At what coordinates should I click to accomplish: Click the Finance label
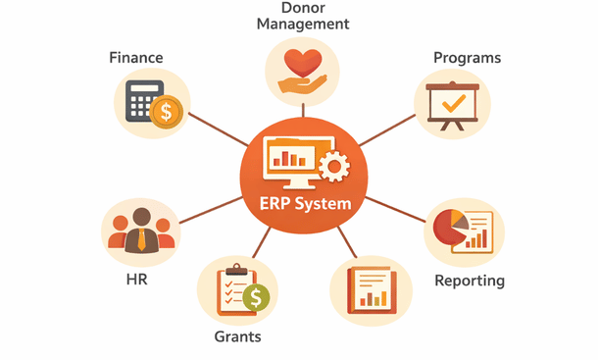136,58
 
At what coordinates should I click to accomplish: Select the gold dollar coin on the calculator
167,113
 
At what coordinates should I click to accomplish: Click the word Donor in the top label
303,7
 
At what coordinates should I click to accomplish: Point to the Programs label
467,58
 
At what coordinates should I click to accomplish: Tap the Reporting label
470,281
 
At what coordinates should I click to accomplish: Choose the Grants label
237,336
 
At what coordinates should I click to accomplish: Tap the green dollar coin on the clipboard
257,296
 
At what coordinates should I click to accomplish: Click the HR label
136,279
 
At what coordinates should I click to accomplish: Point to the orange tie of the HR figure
142,237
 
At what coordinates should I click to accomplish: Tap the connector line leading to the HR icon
211,214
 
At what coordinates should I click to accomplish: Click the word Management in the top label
303,24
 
